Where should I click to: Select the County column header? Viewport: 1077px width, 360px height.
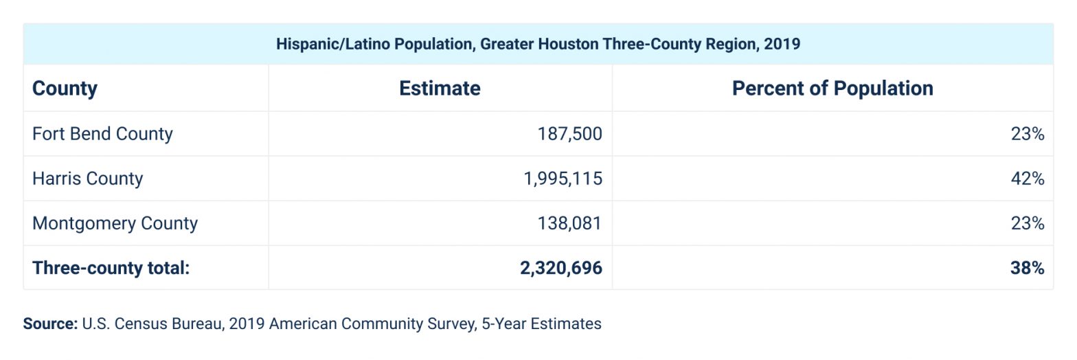65,89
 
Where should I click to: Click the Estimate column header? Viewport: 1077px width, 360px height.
440,89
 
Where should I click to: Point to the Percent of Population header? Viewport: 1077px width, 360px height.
832,89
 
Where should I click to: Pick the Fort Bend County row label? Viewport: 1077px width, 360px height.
102,133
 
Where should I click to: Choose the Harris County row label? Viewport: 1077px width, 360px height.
87,179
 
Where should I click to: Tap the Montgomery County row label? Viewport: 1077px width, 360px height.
115,223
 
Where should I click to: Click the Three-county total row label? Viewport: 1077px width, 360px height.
111,268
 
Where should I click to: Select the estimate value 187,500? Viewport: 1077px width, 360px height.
569,133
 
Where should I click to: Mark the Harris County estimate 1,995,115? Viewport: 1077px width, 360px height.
563,179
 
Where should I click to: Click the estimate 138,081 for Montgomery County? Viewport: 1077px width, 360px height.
569,223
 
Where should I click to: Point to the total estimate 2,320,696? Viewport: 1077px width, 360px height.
561,268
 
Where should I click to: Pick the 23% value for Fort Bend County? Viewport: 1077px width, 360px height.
1027,133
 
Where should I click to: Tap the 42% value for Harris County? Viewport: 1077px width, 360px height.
1027,179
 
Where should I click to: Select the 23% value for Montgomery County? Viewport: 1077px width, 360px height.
1027,223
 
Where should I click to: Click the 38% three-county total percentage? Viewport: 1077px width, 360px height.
1027,268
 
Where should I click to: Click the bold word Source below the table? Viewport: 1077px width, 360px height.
49,324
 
